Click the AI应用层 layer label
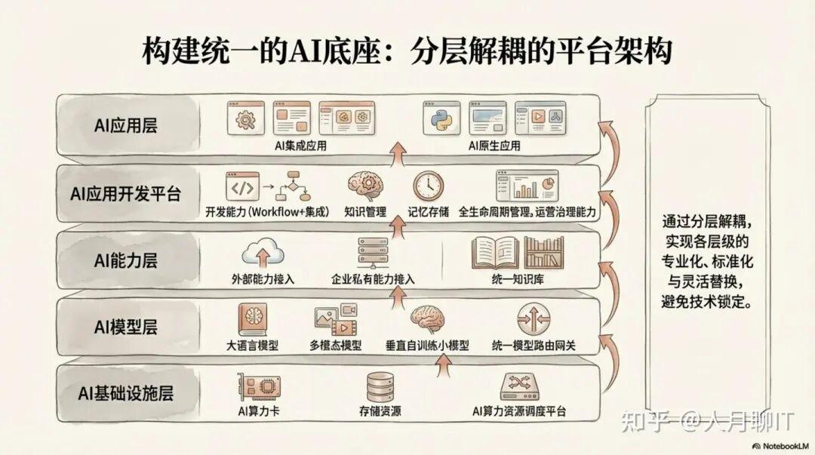point(126,125)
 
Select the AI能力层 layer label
point(126,261)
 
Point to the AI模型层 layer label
point(126,328)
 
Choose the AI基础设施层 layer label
point(127,392)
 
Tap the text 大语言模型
point(253,346)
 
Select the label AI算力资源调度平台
point(519,411)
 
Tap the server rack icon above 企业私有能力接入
point(373,254)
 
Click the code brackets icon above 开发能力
point(240,184)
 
